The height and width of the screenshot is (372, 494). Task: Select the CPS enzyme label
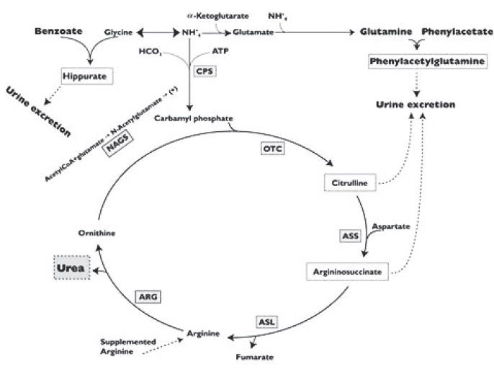(205, 72)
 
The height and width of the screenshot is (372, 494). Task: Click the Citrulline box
(349, 185)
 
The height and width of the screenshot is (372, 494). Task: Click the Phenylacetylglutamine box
(426, 62)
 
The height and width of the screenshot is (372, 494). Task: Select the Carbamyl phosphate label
(194, 119)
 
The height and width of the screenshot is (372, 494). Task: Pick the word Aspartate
(392, 226)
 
